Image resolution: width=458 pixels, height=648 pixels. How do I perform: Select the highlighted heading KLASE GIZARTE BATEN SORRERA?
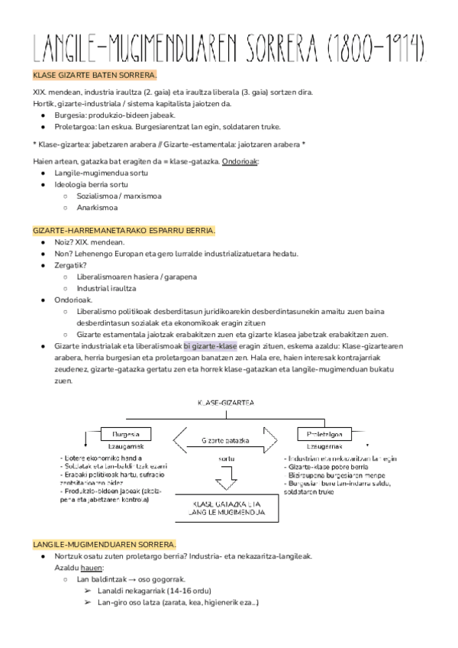coord(95,76)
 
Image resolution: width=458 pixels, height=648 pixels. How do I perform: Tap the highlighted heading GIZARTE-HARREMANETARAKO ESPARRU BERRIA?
coord(124,231)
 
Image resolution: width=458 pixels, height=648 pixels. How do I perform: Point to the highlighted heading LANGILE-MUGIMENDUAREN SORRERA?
coord(105,544)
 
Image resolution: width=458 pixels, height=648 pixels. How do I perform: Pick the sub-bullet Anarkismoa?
coord(97,207)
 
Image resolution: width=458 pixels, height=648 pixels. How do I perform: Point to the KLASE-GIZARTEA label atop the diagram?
coord(226,402)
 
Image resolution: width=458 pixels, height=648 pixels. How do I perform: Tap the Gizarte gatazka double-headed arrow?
coord(226,440)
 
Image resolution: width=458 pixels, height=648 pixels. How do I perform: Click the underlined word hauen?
coord(90,568)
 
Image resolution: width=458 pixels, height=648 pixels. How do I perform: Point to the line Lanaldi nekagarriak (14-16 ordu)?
coord(153,591)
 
